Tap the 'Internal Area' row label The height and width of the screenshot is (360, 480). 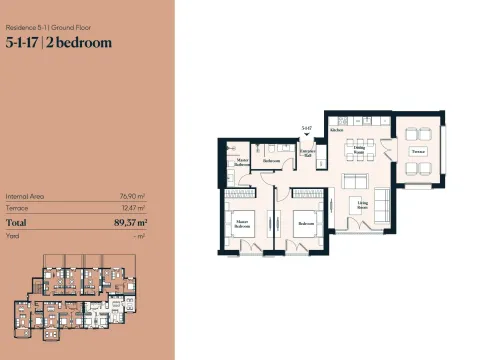point(24,197)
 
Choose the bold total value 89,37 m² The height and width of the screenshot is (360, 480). point(130,222)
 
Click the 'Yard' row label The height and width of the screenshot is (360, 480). point(13,235)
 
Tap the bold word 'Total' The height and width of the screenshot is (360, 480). point(17,222)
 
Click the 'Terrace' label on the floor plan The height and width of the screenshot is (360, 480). point(418,151)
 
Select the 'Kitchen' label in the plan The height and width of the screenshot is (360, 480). point(337,130)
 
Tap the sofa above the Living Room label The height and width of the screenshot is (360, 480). point(356,183)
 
